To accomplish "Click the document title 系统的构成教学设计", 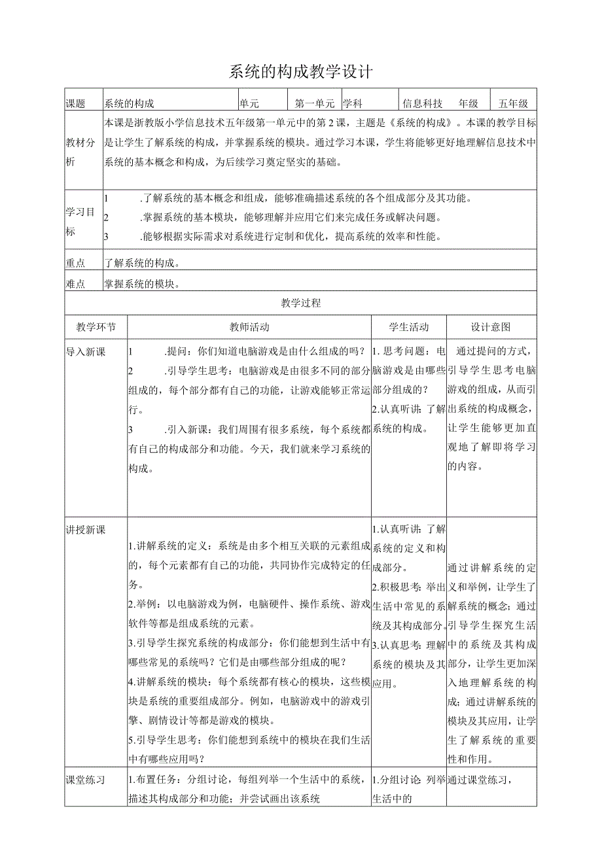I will click(300, 71).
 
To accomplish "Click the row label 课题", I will click(76, 103).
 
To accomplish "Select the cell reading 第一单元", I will click(315, 103).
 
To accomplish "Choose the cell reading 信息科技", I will click(423, 103).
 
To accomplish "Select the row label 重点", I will click(76, 263).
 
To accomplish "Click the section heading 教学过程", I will click(301, 303).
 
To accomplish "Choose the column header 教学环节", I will click(96, 327).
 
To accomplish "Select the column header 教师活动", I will click(249, 327).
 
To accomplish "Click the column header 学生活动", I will click(409, 327).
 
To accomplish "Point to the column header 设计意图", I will click(491, 327).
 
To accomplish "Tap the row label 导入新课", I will click(86, 352).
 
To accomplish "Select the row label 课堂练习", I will click(86, 780).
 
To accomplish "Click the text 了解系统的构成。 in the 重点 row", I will click(143, 263).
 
